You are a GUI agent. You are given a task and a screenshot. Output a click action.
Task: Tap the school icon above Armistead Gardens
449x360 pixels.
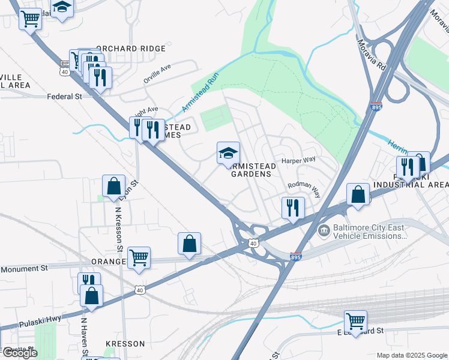(228, 154)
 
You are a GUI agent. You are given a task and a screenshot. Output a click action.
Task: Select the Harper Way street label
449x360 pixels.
(298, 160)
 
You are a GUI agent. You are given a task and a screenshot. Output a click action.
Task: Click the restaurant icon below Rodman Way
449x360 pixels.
(292, 208)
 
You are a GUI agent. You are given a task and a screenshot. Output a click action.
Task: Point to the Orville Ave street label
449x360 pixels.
(157, 75)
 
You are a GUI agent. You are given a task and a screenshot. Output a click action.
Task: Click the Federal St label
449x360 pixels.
(64, 96)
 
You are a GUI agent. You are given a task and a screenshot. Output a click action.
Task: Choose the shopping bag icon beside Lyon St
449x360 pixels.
(113, 187)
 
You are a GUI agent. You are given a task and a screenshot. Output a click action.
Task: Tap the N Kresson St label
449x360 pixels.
(118, 229)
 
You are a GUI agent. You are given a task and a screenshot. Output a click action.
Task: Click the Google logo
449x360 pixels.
(19, 353)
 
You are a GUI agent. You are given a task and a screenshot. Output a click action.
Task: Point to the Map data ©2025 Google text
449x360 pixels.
(411, 355)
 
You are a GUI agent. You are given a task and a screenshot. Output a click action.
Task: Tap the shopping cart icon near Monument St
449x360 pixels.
(139, 258)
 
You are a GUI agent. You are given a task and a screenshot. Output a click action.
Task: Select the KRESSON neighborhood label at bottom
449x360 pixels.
(125, 344)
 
